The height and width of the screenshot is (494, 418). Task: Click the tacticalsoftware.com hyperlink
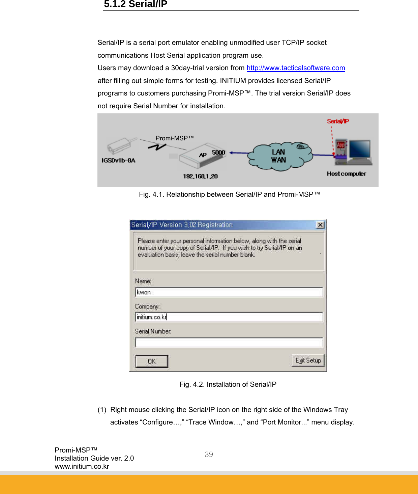tap(296, 68)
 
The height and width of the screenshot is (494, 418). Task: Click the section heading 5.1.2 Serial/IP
tap(136, 4)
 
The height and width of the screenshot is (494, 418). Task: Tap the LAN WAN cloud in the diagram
tap(278, 156)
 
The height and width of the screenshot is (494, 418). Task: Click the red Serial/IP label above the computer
tap(338, 121)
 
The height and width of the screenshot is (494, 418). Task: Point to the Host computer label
tap(346, 174)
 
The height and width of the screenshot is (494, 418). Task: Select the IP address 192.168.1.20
tap(200, 176)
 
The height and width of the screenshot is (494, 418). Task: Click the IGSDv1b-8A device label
tap(118, 160)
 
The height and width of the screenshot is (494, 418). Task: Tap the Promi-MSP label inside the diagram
tap(175, 138)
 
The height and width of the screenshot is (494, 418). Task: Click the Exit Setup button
tap(308, 360)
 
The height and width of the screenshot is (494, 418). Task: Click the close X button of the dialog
tap(320, 225)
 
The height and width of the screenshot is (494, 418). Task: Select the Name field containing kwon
tap(229, 292)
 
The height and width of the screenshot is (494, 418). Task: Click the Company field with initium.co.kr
tap(229, 317)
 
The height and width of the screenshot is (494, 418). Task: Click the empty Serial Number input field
tap(229, 342)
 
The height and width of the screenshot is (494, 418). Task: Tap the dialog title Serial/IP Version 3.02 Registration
tap(182, 225)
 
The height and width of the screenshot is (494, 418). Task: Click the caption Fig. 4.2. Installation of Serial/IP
tap(228, 384)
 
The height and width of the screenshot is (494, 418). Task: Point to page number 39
tap(209, 455)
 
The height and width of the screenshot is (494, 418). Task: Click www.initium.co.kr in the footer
tap(82, 466)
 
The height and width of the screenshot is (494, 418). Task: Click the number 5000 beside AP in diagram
tap(218, 153)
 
